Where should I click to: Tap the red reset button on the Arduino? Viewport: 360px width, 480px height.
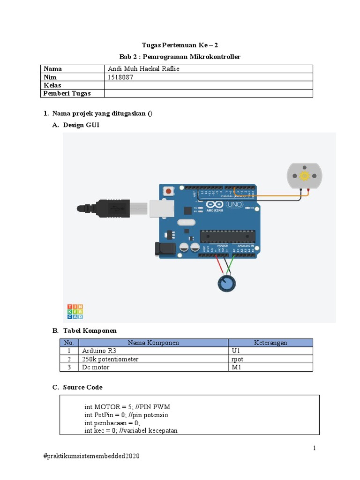click(x=167, y=191)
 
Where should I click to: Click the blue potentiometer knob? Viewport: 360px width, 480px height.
click(x=227, y=283)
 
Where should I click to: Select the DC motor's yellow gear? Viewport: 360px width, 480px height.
click(x=304, y=176)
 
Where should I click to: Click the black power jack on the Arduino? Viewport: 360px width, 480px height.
click(x=162, y=248)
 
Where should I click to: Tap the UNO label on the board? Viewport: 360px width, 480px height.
click(x=234, y=205)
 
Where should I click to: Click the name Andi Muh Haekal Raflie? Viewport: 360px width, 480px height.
click(x=143, y=69)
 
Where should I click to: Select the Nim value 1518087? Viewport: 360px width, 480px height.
click(x=120, y=77)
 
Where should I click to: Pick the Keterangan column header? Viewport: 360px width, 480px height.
click(x=270, y=343)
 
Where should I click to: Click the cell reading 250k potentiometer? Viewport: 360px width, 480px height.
click(x=110, y=359)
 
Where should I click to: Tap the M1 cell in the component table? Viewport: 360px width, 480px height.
click(x=236, y=367)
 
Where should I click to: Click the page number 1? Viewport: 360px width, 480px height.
click(x=315, y=448)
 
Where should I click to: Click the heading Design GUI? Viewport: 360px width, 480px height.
click(x=81, y=125)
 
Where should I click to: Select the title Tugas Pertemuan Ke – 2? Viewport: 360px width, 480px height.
click(x=180, y=45)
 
